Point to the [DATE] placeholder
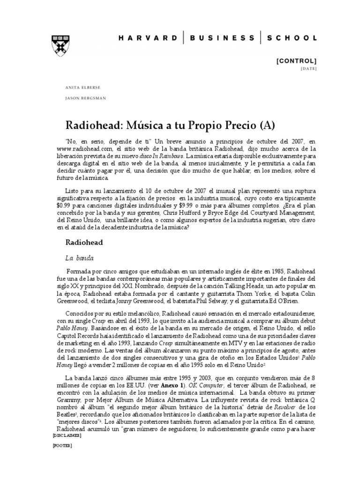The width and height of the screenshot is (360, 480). click(x=308, y=69)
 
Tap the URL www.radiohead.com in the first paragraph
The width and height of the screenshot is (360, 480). click(x=87, y=148)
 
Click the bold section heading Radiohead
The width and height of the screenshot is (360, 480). click(x=83, y=242)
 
